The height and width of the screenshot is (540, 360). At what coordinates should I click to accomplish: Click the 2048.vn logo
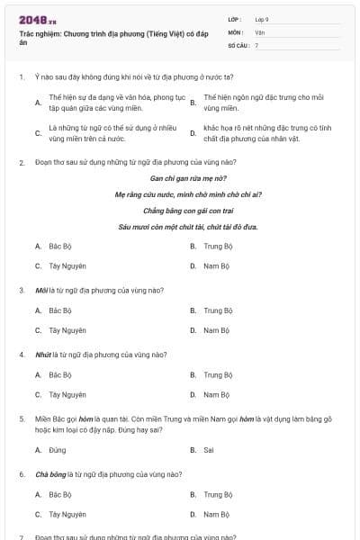37,20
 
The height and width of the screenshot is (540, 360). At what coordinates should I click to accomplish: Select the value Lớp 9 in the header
262,19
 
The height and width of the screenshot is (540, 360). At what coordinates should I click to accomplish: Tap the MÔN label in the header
236,32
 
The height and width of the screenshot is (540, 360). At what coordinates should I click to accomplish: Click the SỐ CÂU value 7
256,45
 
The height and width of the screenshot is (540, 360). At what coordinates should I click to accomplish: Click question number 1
21,77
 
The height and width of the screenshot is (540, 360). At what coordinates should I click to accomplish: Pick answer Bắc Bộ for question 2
60,246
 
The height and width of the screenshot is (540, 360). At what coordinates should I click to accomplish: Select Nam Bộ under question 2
216,265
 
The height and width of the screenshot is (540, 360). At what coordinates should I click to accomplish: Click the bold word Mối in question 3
41,291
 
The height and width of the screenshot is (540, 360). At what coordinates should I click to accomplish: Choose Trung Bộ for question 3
218,310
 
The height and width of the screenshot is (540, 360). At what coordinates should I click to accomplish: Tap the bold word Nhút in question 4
42,355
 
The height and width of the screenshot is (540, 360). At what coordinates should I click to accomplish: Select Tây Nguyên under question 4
67,394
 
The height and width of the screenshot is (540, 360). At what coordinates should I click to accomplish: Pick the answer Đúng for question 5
58,449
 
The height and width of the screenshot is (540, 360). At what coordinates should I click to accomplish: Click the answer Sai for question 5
208,449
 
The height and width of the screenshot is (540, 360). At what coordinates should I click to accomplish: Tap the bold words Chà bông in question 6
49,474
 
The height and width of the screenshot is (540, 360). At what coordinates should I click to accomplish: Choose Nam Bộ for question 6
216,514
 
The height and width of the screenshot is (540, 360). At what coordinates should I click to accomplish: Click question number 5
21,419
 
